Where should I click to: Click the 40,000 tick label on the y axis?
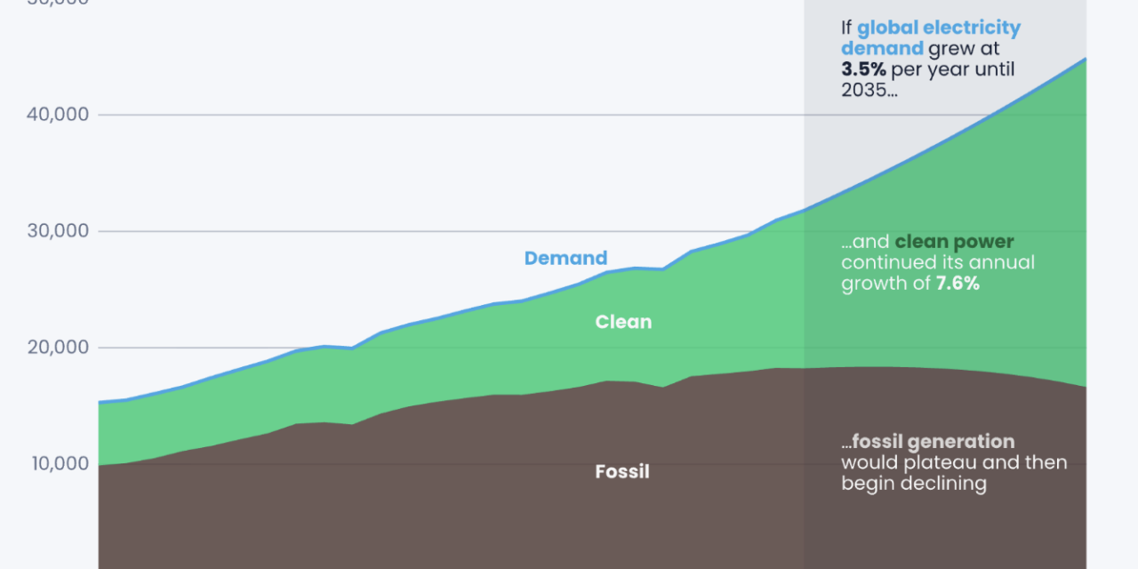click(x=57, y=115)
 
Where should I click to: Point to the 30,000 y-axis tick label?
click(x=57, y=231)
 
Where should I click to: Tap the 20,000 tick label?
click(x=57, y=348)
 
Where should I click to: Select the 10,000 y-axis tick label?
click(x=57, y=464)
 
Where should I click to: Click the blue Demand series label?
click(x=565, y=259)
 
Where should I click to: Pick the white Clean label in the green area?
click(x=623, y=322)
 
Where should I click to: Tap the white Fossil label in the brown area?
click(x=622, y=471)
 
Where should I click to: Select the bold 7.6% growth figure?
click(x=958, y=284)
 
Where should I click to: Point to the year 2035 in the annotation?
click(x=864, y=91)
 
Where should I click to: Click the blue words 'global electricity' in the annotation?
click(x=939, y=28)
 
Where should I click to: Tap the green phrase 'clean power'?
click(x=954, y=242)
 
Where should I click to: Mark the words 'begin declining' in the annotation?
click(x=914, y=484)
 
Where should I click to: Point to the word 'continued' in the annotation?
click(x=886, y=263)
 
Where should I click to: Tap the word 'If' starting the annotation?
click(x=846, y=28)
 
